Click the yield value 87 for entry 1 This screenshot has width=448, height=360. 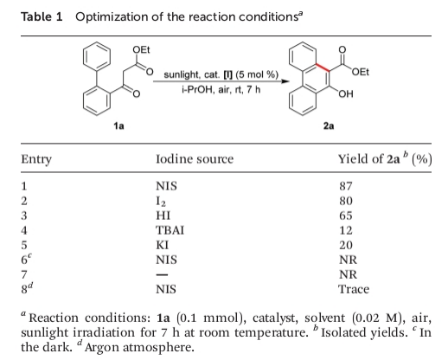346,186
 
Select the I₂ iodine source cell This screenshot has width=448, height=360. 161,201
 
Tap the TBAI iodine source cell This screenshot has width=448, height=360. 170,230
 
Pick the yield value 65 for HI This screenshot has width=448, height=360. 346,215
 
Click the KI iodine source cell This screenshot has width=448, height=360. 162,245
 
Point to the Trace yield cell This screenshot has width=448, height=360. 354,289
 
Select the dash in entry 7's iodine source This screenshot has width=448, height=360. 162,275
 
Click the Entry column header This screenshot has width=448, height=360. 36,159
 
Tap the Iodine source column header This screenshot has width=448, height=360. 195,159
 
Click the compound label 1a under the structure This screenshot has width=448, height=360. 118,125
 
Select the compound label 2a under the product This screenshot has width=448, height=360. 329,125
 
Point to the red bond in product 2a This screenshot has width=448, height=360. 323,67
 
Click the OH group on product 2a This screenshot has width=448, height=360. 346,94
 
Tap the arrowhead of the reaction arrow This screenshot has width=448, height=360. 285,81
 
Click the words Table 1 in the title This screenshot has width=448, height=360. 42,16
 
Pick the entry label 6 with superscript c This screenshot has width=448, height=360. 26,260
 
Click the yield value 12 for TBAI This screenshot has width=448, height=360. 346,230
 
